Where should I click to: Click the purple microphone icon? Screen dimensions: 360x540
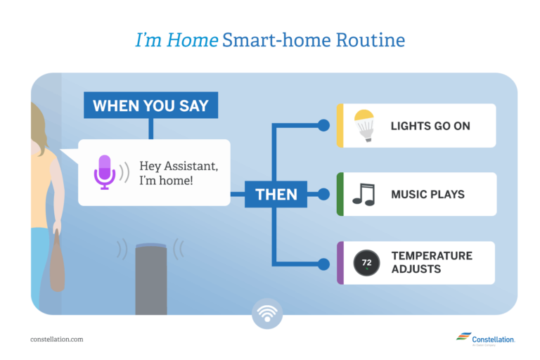[105, 172]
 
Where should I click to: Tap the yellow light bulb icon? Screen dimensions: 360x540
[363, 125]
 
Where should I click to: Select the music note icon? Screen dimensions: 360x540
[364, 194]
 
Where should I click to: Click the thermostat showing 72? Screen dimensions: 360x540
[366, 263]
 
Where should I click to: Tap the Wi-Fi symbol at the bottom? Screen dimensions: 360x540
[267, 313]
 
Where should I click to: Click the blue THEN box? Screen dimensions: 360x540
[276, 194]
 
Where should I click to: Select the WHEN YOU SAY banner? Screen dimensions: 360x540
[150, 105]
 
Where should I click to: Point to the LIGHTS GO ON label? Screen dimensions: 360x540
[430, 126]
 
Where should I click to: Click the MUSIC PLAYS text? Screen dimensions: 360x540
[427, 194]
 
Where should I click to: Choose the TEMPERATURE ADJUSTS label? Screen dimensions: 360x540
[431, 262]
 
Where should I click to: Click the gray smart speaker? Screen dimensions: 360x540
[150, 278]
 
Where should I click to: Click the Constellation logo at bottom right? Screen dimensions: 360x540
[484, 339]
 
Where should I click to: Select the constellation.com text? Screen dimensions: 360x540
[57, 339]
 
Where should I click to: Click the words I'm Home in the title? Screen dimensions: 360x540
[176, 40]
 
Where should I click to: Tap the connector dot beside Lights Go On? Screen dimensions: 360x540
[323, 125]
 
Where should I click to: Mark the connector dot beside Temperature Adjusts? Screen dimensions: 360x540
[323, 264]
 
